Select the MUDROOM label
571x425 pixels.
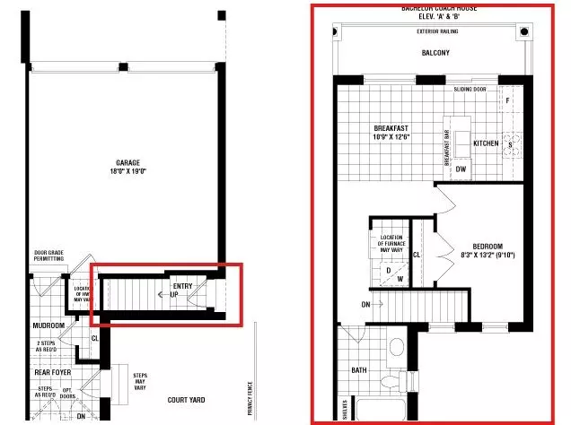point(49,325)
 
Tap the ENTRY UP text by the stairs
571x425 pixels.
point(183,290)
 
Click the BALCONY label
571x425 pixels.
point(435,53)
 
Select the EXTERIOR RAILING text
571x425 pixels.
point(438,32)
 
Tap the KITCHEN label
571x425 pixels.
point(486,143)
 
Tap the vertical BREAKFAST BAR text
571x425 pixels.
point(445,143)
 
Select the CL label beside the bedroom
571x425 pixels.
point(417,255)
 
